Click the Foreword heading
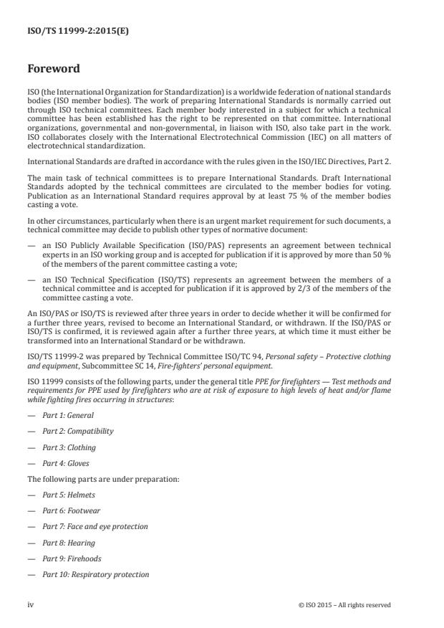54,70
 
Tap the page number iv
31,604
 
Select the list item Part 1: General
69,415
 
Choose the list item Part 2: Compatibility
78,431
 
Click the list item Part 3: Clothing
69,447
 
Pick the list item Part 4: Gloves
69,463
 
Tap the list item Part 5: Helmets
70,495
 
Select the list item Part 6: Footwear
72,510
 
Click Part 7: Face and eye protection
95,526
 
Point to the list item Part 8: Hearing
69,543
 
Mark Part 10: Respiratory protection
96,574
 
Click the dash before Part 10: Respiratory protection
32,574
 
